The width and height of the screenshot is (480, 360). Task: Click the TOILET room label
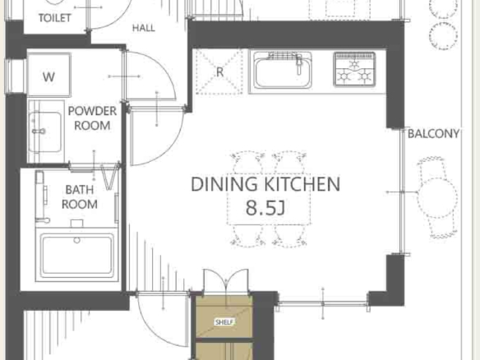(55, 18)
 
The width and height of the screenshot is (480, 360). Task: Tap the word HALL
(144, 28)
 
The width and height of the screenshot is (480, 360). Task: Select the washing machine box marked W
(49, 75)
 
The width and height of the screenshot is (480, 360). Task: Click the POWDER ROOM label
(92, 118)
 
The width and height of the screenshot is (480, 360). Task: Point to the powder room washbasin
(45, 132)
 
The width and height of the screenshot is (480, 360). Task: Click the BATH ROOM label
(80, 196)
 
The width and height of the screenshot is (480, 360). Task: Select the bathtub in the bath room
(76, 255)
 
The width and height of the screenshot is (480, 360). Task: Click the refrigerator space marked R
(219, 72)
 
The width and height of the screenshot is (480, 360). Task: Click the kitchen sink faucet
(299, 63)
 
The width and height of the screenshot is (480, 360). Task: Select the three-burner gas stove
(354, 70)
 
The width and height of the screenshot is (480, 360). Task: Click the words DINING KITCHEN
(265, 184)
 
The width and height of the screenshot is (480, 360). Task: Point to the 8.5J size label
(265, 208)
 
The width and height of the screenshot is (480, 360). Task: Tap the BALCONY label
(433, 133)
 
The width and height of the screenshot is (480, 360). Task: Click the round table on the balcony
(437, 198)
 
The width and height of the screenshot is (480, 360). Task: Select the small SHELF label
(224, 322)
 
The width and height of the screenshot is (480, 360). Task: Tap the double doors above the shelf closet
(225, 282)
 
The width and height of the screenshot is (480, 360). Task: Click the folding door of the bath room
(109, 177)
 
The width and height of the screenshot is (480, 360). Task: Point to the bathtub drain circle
(76, 240)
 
